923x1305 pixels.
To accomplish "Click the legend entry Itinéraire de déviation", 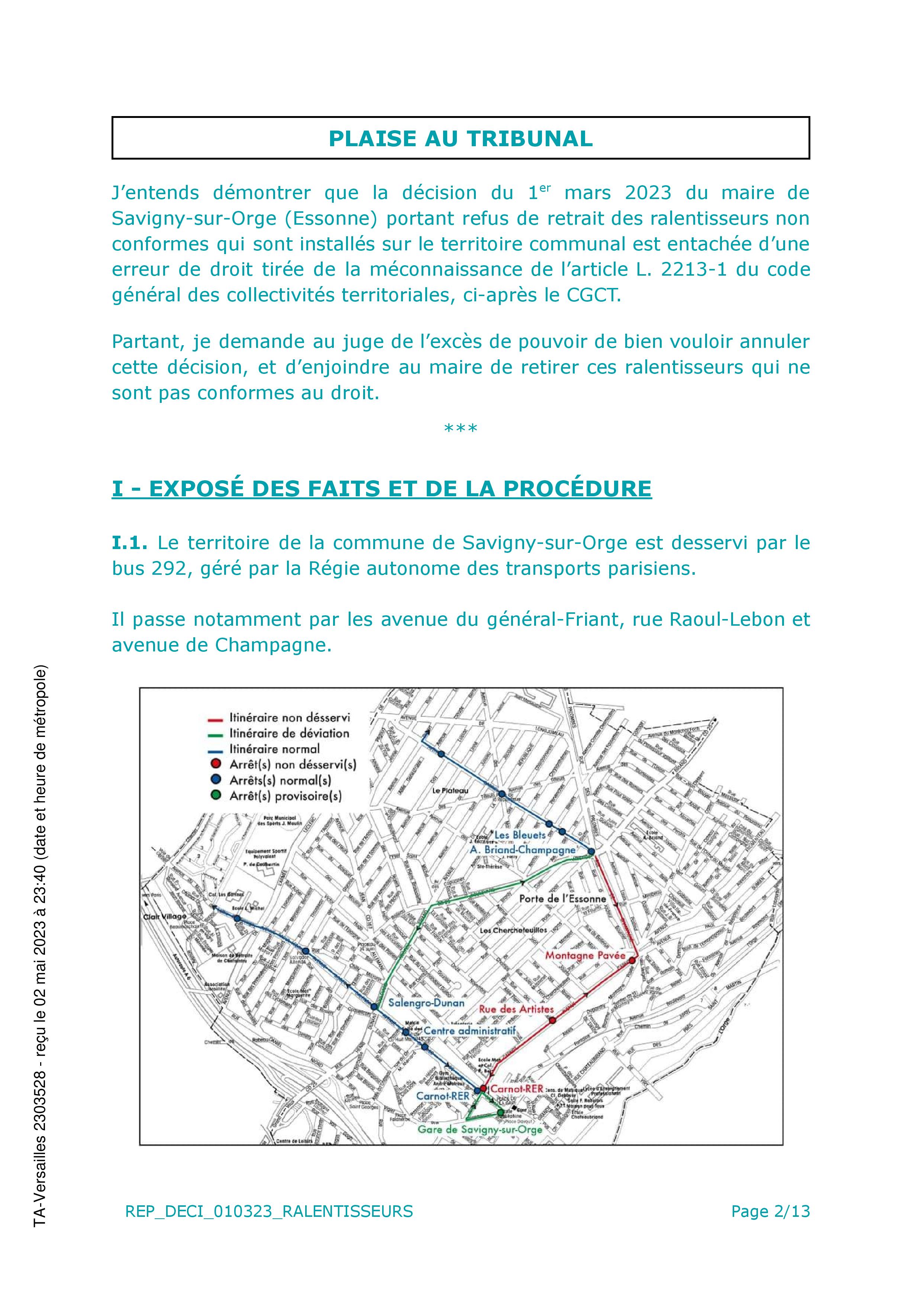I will click(x=289, y=734).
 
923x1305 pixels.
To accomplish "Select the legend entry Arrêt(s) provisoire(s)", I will click(x=285, y=796).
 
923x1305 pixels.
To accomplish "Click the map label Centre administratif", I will click(x=469, y=1030).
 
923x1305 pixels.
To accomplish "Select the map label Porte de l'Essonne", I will click(x=563, y=899).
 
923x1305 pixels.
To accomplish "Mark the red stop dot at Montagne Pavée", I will click(x=632, y=961).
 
